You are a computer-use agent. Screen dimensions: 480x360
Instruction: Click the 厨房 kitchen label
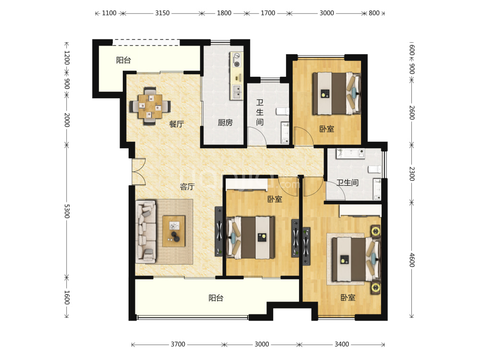(x=225, y=123)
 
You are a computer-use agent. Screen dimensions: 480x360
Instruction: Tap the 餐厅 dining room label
(x=176, y=124)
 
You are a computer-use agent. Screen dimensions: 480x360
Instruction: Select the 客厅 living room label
(x=187, y=187)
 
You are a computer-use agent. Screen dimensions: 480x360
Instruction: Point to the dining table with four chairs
(x=150, y=106)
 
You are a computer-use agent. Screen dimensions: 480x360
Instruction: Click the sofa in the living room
(x=146, y=232)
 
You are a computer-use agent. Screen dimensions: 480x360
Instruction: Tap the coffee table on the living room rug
(x=174, y=231)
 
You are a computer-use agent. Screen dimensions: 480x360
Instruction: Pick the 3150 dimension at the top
(x=162, y=13)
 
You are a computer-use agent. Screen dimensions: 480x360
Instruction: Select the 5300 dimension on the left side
(x=67, y=211)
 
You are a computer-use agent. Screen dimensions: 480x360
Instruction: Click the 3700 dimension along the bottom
(x=178, y=344)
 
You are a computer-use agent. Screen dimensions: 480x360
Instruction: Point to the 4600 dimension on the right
(x=412, y=260)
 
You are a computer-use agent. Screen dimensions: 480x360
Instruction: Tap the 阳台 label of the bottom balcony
(x=216, y=298)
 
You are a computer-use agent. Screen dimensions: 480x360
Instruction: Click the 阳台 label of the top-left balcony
(x=123, y=60)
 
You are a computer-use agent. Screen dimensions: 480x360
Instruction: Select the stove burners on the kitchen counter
(x=237, y=60)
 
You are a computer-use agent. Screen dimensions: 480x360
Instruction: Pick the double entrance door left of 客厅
(x=139, y=171)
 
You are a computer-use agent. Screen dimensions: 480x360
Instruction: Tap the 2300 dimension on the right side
(x=412, y=174)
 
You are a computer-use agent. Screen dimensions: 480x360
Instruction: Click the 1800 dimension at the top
(x=224, y=13)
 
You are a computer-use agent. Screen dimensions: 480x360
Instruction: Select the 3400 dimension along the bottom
(x=342, y=344)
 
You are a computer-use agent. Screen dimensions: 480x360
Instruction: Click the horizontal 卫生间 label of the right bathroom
(x=348, y=183)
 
